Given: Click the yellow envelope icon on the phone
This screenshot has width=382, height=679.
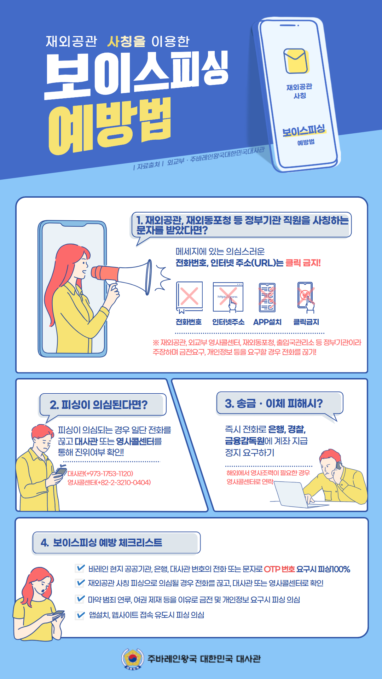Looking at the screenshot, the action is point(296,61).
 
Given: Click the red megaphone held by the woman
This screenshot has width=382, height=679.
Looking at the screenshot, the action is point(122,276).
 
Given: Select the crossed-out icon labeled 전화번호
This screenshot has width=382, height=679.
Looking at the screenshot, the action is point(189,297).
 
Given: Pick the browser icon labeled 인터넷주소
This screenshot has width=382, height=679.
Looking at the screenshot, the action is point(228,297).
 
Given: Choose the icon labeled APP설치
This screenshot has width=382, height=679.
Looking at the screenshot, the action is point(267,297).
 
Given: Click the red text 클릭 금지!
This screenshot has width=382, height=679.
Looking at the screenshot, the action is point(303,263).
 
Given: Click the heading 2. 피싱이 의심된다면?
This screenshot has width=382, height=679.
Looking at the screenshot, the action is point(99,405).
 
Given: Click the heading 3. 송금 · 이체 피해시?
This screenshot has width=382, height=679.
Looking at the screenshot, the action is point(274,403).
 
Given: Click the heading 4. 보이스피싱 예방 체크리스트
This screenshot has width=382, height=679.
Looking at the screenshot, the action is point(101,542).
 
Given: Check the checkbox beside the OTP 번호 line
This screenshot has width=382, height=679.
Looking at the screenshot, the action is point(80,568).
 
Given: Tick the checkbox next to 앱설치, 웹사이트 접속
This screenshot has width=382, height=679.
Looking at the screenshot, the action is point(80,615).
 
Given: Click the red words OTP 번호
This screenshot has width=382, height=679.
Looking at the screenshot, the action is point(279,569).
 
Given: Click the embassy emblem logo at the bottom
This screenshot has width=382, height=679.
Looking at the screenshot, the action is point(133,658).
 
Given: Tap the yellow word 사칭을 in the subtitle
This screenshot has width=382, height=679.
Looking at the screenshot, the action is point(126,41).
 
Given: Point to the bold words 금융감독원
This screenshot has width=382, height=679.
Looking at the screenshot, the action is point(245,441).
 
